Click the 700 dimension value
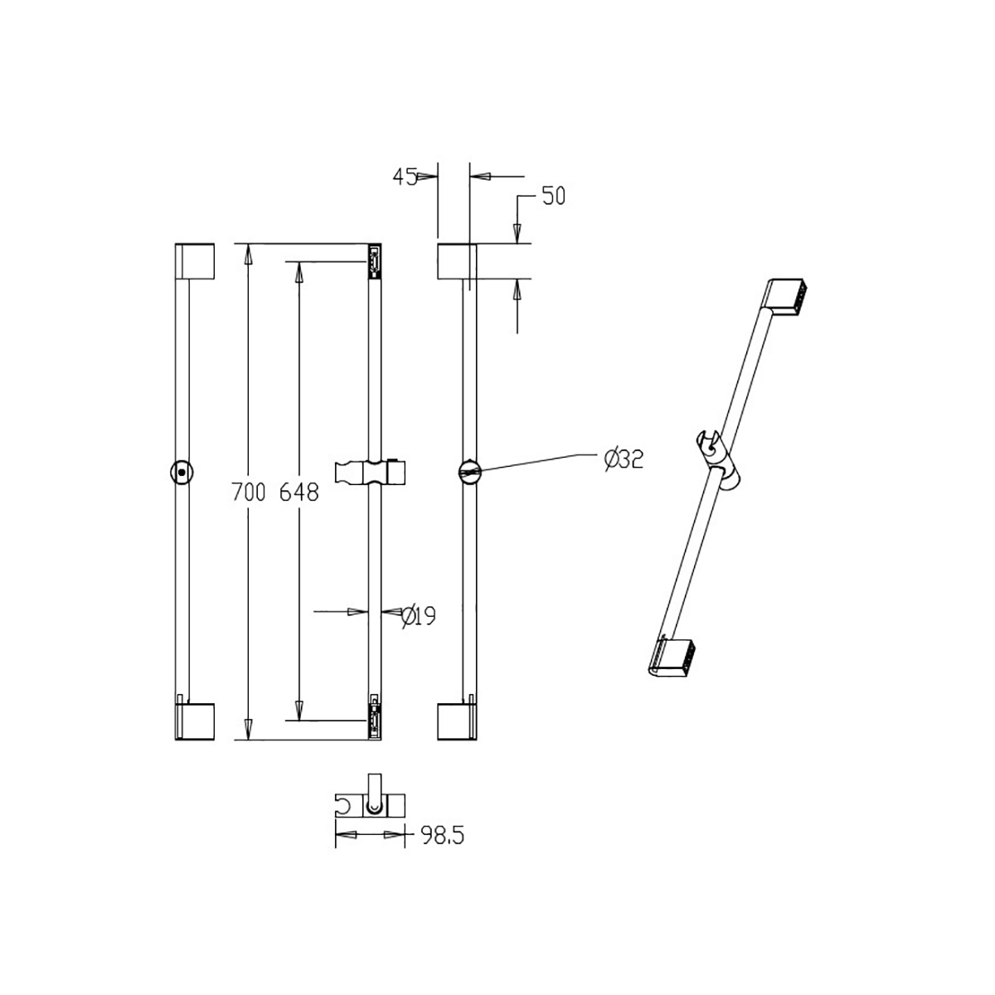click(x=249, y=492)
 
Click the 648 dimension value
click(x=299, y=492)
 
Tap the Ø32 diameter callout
click(x=624, y=459)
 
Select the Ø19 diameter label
click(x=418, y=615)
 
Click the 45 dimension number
click(x=405, y=177)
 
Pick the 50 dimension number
click(x=554, y=197)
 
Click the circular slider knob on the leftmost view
click(x=182, y=472)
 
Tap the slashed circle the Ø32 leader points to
click(x=470, y=472)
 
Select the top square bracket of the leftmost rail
click(x=195, y=261)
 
